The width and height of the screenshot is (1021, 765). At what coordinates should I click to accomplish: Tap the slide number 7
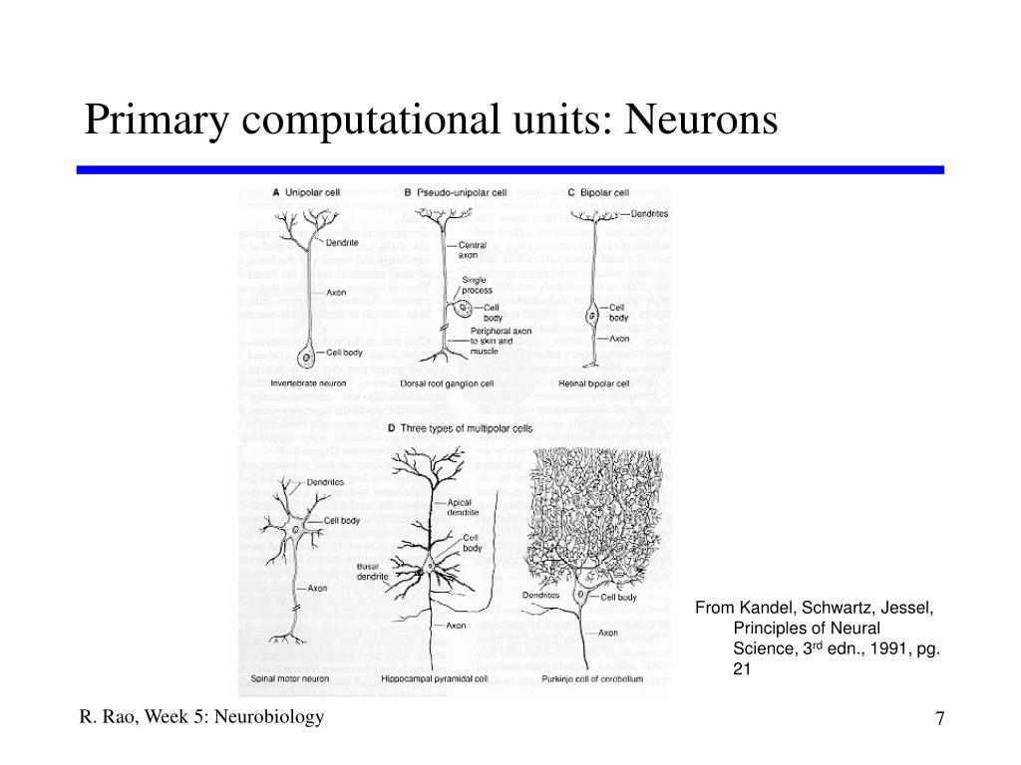[939, 718]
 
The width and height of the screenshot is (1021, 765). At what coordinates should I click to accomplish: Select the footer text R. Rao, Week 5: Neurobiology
[202, 717]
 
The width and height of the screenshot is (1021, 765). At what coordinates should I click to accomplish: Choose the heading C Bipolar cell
[599, 192]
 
